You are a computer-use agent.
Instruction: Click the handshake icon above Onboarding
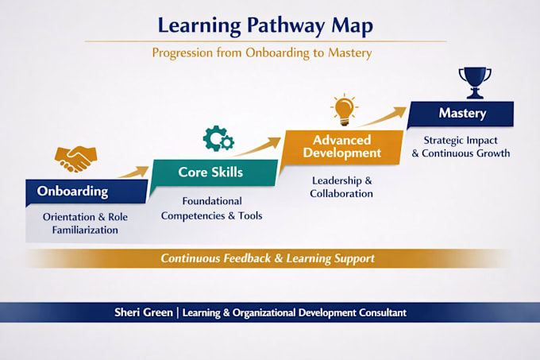pos(75,159)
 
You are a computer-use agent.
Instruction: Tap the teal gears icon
pos(218,138)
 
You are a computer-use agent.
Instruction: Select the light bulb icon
pos(345,109)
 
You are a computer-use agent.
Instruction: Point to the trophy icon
pos(475,83)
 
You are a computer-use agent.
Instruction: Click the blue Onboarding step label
pos(87,192)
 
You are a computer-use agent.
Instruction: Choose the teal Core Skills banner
pos(214,172)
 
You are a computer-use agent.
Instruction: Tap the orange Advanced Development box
pos(342,147)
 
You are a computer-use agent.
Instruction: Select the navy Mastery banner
pos(461,114)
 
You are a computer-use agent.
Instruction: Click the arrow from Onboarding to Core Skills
pos(134,172)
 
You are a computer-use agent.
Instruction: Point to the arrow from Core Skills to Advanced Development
pos(256,148)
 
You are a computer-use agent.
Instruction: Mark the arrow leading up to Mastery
pos(380,117)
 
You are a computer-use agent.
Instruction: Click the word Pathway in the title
pos(286,26)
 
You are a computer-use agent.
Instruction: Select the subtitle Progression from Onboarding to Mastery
pos(262,53)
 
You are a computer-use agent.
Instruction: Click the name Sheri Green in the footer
pos(144,312)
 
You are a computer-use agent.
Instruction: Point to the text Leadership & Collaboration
pos(341,187)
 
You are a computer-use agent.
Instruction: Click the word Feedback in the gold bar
pos(247,258)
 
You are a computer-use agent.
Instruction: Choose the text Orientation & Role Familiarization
pos(85,223)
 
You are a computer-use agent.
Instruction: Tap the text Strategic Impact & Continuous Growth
pos(461,147)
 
